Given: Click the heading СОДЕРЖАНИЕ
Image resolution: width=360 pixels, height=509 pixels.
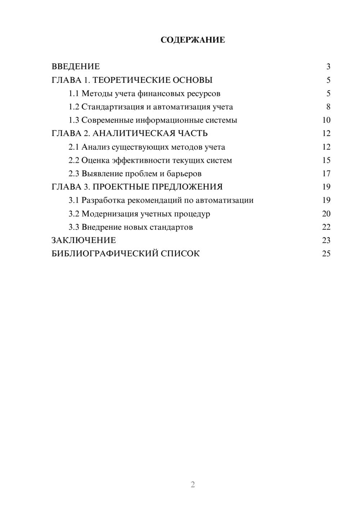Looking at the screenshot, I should click(x=193, y=40).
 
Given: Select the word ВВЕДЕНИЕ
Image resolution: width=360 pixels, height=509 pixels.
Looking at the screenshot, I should click(x=76, y=67).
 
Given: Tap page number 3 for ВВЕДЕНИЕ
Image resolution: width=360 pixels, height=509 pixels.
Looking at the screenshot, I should click(x=328, y=67).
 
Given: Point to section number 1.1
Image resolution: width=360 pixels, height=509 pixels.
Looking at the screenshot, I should click(x=74, y=94).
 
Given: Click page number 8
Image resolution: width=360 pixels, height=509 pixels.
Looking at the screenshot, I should click(x=328, y=107).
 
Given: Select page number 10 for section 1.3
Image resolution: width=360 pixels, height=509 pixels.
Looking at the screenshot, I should click(x=326, y=120).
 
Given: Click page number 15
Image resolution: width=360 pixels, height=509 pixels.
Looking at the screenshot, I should click(x=326, y=160).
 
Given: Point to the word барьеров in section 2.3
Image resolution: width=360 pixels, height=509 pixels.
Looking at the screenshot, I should click(x=184, y=174).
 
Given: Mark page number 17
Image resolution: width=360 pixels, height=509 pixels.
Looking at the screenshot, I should click(x=326, y=174).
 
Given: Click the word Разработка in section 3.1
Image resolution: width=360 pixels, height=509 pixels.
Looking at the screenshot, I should click(x=105, y=200).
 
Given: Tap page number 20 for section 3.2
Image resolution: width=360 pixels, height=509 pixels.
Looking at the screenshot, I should click(x=326, y=214).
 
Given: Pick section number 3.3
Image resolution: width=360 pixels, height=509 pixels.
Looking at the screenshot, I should click(x=74, y=227).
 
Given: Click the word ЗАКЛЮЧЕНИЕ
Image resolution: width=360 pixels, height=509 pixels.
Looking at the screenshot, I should click(x=84, y=240).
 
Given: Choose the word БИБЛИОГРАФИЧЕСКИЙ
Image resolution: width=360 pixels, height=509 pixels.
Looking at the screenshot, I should click(x=105, y=254).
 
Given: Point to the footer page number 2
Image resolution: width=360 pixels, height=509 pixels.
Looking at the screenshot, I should click(x=193, y=485).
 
